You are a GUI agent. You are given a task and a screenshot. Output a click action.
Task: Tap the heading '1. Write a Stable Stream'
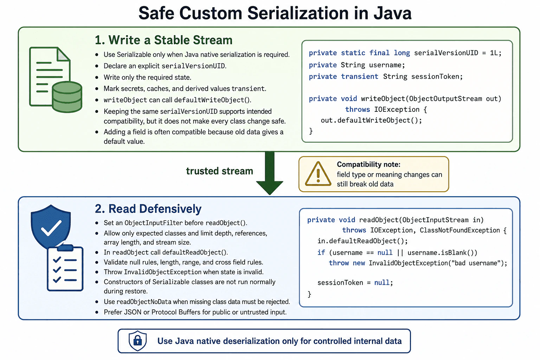164,40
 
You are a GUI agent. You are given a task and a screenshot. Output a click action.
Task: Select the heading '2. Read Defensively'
148,208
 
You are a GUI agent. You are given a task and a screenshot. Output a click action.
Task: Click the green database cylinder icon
67,97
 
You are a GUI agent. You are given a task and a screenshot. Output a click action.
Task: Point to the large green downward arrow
270,173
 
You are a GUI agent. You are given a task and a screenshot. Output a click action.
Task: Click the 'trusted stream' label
220,171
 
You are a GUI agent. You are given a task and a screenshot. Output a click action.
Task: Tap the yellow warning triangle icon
318,174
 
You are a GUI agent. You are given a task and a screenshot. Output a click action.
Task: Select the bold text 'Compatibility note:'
368,165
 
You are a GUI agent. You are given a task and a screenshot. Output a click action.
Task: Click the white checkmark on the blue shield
51,228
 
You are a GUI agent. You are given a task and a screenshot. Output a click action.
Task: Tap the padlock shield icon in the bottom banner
137,341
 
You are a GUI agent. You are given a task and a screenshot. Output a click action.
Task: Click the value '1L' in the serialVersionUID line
494,53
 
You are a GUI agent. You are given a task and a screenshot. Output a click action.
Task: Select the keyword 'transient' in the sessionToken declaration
359,76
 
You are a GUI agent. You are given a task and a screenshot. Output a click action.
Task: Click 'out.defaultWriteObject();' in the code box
371,120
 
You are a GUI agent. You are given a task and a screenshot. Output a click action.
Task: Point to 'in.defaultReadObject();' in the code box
362,241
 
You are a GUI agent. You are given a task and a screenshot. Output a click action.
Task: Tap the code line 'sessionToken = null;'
355,282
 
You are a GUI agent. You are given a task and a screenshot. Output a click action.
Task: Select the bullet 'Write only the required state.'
147,77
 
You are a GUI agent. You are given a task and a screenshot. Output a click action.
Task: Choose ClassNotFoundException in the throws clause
460,230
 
